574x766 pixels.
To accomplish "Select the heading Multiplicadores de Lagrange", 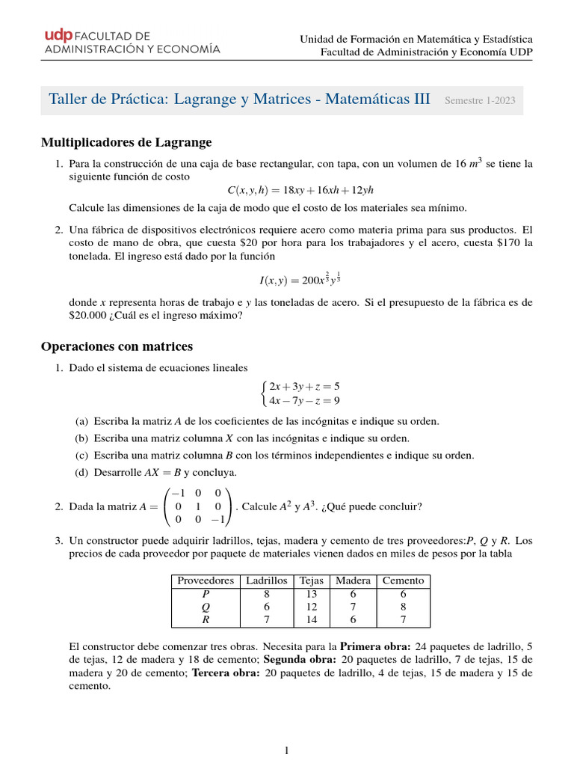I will tap(126, 142).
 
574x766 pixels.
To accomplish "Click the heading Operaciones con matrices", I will tap(117, 346).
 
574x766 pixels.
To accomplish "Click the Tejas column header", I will tap(311, 580).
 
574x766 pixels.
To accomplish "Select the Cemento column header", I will tap(403, 580).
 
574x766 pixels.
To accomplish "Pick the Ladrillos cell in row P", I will tap(267, 593).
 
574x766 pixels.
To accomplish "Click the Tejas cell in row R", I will tap(311, 619).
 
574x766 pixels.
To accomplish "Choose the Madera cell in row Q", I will tap(353, 607).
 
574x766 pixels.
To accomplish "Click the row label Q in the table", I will tap(206, 607).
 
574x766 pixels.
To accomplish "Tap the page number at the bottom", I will tap(287, 751).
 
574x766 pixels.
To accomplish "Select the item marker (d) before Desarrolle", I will tap(83, 472).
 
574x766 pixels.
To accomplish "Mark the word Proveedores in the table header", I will tap(206, 580).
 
